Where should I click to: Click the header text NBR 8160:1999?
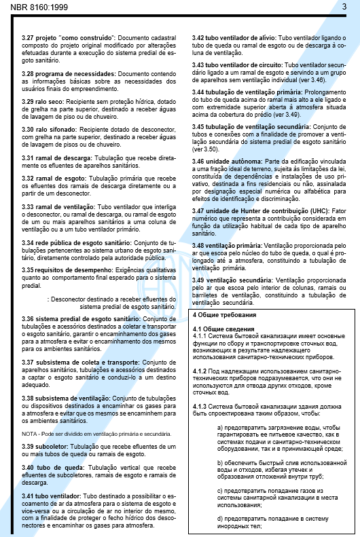click(x=30, y=5)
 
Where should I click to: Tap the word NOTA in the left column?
click(x=29, y=432)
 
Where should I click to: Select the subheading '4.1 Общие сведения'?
click(x=221, y=329)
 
